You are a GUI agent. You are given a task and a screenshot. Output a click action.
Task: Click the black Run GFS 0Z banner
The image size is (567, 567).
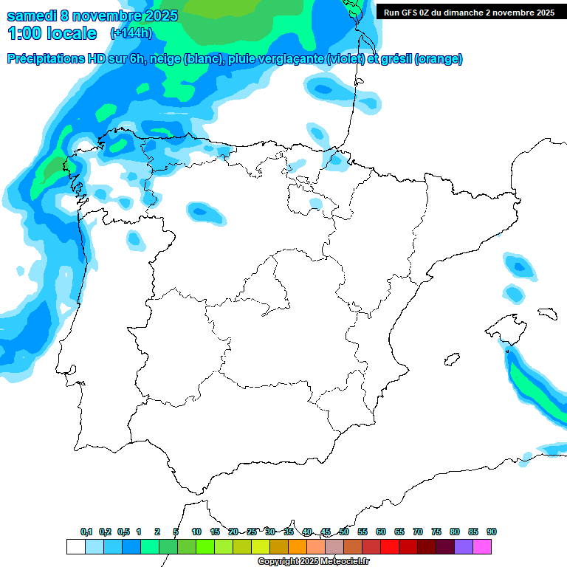pos(469,12)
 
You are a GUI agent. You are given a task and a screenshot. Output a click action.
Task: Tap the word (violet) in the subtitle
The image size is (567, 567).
pos(346,59)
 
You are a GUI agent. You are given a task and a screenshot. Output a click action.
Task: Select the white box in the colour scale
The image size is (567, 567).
pos(75,546)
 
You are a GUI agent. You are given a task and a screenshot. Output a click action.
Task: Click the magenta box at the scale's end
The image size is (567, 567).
pos(482,546)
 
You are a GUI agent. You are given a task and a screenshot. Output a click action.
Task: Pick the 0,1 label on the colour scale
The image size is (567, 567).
pos(86,532)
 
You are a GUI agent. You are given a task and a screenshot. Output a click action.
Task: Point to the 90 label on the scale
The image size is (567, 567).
pos(492,532)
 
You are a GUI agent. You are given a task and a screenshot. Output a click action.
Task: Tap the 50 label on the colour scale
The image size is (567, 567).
pos(344,532)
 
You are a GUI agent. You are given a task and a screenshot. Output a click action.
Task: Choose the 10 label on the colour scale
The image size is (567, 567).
pos(196,532)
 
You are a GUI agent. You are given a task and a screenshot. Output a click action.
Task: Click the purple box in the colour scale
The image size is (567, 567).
pos(464,546)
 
